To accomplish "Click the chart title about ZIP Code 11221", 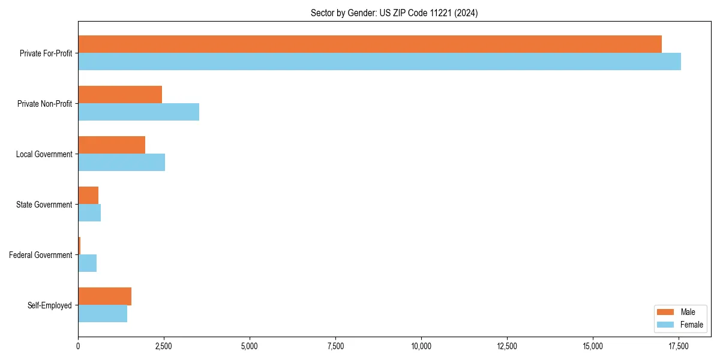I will (x=394, y=13).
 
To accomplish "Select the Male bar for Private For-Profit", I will (x=370, y=44).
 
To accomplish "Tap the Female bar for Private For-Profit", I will (x=379, y=62).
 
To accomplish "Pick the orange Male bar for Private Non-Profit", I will (x=120, y=95).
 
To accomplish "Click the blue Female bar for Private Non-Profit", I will (x=139, y=112).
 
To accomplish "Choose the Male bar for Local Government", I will (x=112, y=145).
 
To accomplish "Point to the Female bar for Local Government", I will (x=121, y=163).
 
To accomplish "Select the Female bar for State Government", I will (x=89, y=213).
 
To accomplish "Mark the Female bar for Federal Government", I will (x=88, y=263).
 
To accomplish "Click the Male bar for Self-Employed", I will (x=104, y=296).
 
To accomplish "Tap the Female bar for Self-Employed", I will (x=103, y=314).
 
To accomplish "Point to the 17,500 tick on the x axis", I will (x=679, y=346).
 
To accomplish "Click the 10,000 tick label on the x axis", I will (x=421, y=346).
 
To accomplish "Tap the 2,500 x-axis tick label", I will (x=164, y=346).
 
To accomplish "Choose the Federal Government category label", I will (x=41, y=255).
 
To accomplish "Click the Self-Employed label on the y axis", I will (x=50, y=305).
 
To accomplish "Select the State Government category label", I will (x=44, y=205).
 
